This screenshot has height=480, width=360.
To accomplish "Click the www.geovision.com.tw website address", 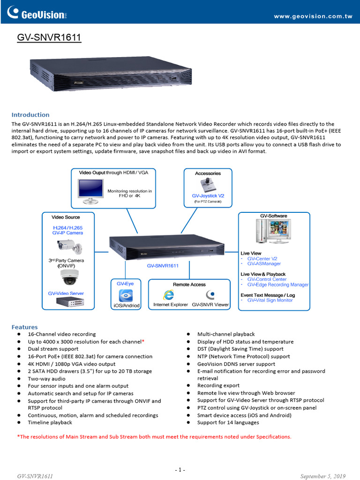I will [313, 16].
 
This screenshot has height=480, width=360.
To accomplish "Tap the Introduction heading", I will [30, 115].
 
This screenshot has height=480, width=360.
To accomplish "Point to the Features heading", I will [25, 327].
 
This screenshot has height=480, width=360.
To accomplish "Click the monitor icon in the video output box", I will [90, 191].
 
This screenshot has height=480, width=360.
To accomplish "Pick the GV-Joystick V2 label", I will [208, 195].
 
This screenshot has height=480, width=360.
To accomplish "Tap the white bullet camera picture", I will [68, 245].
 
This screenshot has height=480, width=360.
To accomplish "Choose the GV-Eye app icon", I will [125, 295].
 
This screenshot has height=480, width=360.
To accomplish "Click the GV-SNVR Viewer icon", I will [210, 294].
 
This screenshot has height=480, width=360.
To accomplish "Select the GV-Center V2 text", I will [262, 259].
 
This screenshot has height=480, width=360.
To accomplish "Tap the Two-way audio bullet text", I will [46, 379].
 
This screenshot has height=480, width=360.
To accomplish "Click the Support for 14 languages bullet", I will [228, 422].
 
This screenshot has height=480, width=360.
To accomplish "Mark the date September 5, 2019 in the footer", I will [323, 476].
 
